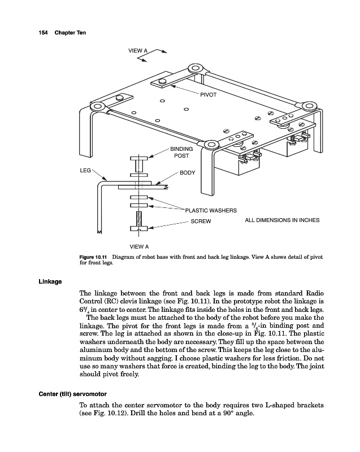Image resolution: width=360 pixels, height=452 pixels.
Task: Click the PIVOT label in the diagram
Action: pyautogui.click(x=209, y=94)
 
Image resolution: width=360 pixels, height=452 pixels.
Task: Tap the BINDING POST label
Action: pyautogui.click(x=181, y=152)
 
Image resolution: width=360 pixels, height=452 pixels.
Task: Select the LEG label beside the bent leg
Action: pyautogui.click(x=85, y=169)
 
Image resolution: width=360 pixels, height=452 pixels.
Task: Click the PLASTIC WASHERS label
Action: pyautogui.click(x=211, y=210)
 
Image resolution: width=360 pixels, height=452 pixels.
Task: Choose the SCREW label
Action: pyautogui.click(x=200, y=221)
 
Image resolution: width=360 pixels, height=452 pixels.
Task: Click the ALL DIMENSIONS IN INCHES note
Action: pyautogui.click(x=282, y=220)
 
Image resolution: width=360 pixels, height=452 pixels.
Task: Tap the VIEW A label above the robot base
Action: pyautogui.click(x=138, y=51)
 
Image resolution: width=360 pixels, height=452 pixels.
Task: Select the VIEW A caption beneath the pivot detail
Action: pyautogui.click(x=139, y=247)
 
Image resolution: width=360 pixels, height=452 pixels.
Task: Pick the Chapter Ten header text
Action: pyautogui.click(x=70, y=32)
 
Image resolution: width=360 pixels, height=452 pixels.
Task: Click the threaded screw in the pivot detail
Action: pyautogui.click(x=138, y=217)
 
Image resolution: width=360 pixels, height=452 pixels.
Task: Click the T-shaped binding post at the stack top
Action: pyautogui.click(x=138, y=160)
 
